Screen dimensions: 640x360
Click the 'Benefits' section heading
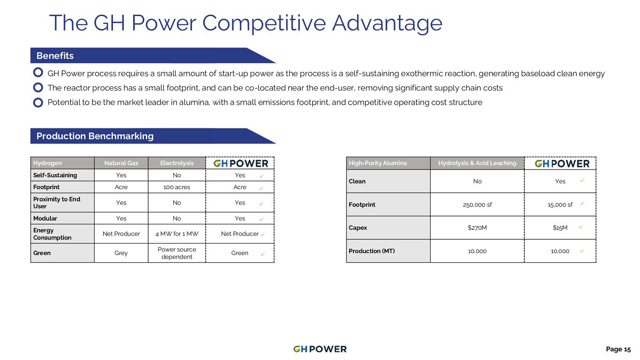(55, 56)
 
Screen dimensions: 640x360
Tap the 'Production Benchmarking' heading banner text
(95, 136)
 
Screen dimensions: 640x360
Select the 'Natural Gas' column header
(121, 163)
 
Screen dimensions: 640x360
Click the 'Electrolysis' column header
(177, 163)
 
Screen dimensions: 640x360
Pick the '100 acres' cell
(176, 187)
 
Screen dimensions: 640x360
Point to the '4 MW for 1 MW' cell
(177, 234)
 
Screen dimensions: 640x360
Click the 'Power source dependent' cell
(177, 253)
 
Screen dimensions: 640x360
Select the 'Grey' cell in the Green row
(121, 253)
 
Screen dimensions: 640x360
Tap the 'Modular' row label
(45, 218)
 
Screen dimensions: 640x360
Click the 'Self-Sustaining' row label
(55, 175)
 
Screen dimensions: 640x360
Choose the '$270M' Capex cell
(477, 228)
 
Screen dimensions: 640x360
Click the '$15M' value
(560, 228)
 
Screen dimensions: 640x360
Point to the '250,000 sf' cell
(477, 205)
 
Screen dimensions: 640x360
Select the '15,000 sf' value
(560, 205)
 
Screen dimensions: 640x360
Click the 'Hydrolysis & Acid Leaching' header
(477, 163)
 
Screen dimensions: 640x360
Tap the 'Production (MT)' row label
(372, 251)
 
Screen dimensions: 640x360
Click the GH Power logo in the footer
(320, 349)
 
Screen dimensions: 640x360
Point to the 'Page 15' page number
(618, 349)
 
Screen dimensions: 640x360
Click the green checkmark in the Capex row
(581, 227)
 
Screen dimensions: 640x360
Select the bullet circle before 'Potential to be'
(38, 102)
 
